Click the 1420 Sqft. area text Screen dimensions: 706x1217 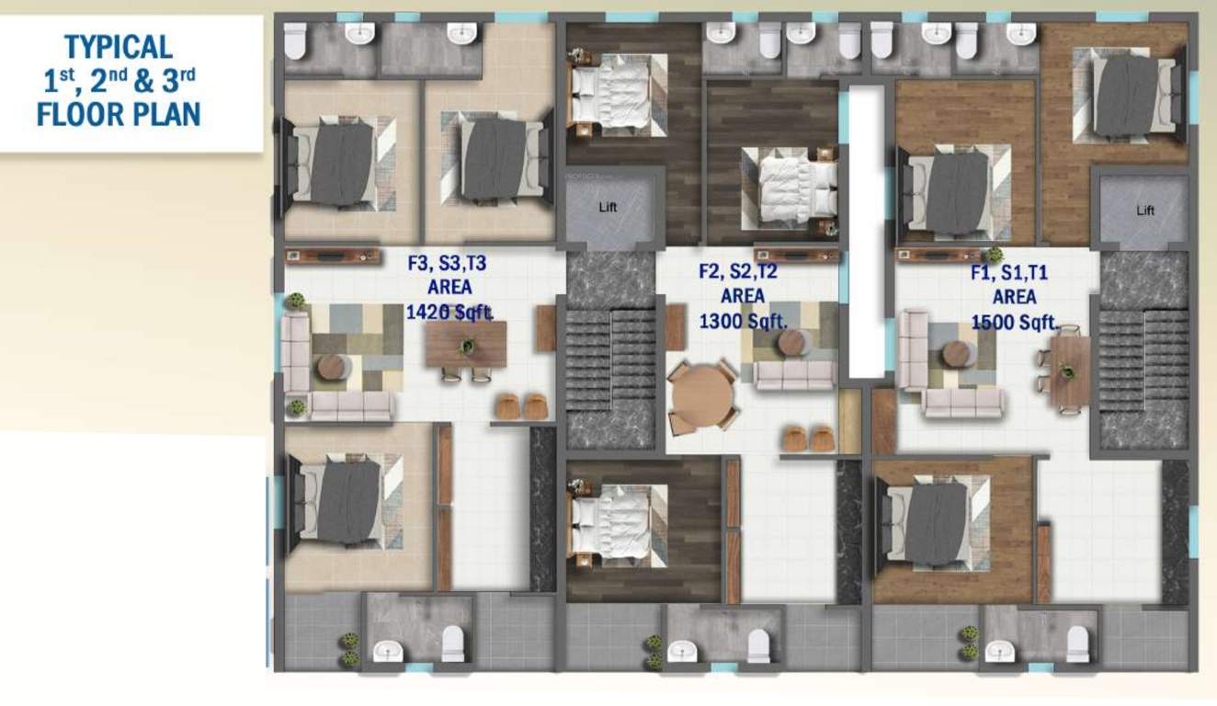(x=449, y=313)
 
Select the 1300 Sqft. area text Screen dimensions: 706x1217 (x=743, y=321)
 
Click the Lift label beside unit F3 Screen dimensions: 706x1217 (x=608, y=208)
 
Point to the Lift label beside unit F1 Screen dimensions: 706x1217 (x=1144, y=211)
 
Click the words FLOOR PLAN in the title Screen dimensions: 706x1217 (x=119, y=114)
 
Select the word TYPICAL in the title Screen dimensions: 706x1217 (x=118, y=45)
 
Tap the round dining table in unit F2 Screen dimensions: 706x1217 (x=703, y=397)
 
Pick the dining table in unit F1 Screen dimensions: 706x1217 (x=1068, y=370)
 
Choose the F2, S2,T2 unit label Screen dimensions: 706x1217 (x=738, y=271)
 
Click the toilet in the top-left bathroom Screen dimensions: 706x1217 (x=295, y=40)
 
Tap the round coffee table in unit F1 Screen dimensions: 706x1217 (x=957, y=353)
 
